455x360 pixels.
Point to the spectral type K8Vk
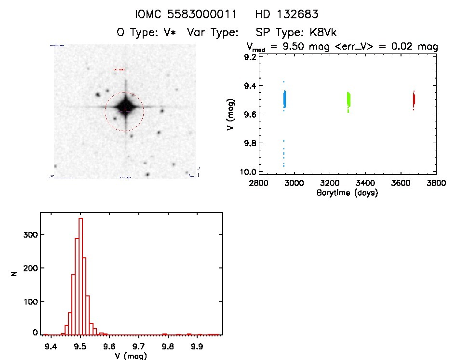click(323, 33)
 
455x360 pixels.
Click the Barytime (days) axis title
click(347, 193)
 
